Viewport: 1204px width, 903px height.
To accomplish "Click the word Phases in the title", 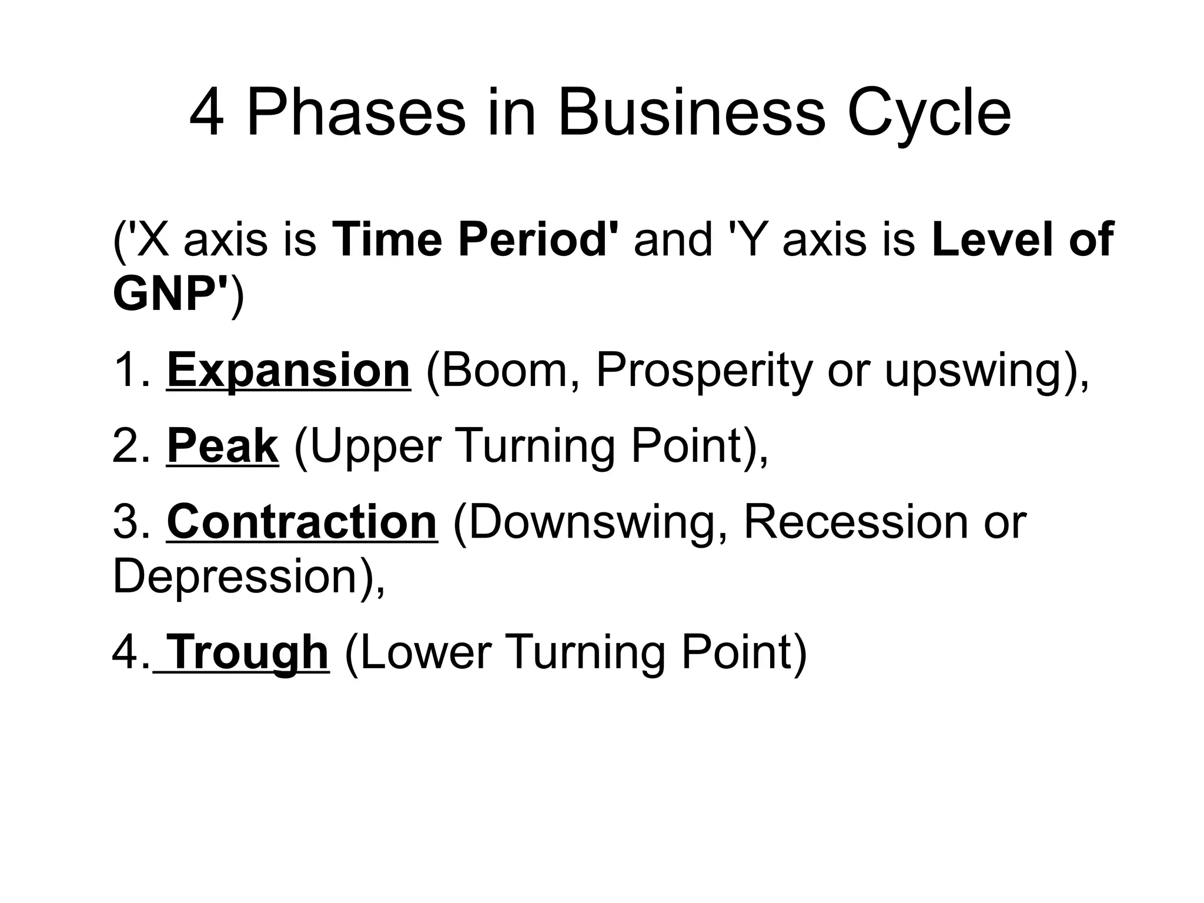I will coord(356,113).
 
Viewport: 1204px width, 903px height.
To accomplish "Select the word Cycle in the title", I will coord(929,113).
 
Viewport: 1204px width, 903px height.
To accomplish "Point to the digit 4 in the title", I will coord(207,113).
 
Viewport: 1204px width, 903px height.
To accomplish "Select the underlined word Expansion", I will coord(288,371).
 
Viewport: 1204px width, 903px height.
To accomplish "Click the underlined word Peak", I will coord(222,447).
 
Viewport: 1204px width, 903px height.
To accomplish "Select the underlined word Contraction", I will coord(302,522).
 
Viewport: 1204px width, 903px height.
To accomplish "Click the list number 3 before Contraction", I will coord(126,522).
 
